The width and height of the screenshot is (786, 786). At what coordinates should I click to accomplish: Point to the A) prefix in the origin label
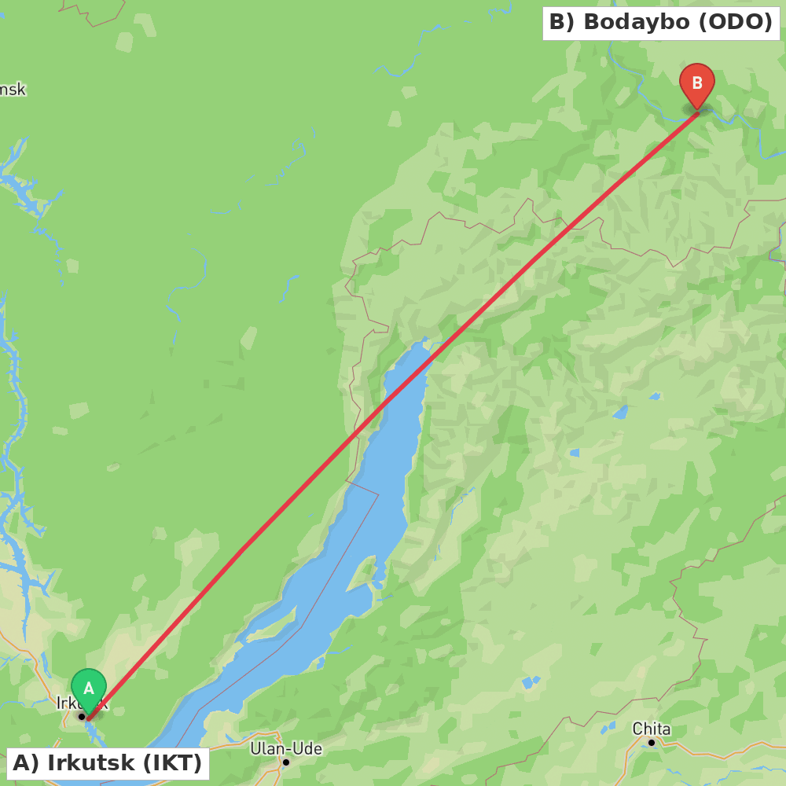pyautogui.click(x=25, y=763)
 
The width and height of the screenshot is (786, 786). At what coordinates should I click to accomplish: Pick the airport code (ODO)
pyautogui.click(x=735, y=23)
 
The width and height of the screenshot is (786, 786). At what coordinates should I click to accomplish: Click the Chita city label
pyautogui.click(x=652, y=729)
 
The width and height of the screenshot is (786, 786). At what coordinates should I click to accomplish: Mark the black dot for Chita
pyautogui.click(x=652, y=743)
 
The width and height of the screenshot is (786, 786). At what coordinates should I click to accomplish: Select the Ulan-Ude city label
pyautogui.click(x=286, y=748)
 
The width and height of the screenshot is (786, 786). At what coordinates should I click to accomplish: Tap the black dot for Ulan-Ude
pyautogui.click(x=286, y=762)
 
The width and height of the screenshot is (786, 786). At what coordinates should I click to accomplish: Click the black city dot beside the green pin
pyautogui.click(x=81, y=716)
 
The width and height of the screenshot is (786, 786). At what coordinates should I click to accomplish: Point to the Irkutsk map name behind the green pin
pyautogui.click(x=67, y=703)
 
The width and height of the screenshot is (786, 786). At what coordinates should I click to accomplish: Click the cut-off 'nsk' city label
pyautogui.click(x=13, y=90)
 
